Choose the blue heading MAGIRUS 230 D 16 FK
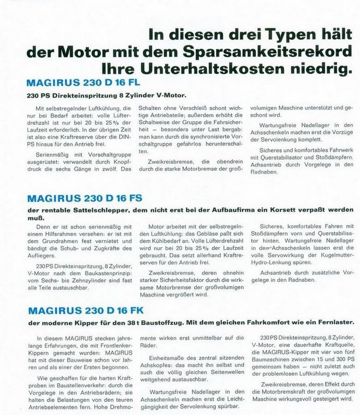point(85,311)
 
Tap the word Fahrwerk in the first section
point(341,157)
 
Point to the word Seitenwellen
point(225,372)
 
